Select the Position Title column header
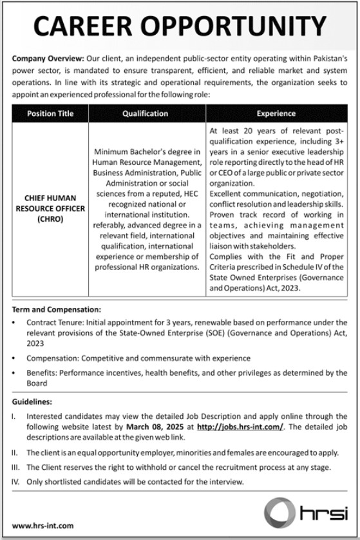point(50,113)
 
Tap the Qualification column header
point(145,113)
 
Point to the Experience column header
point(276,113)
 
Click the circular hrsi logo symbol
point(281,513)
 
